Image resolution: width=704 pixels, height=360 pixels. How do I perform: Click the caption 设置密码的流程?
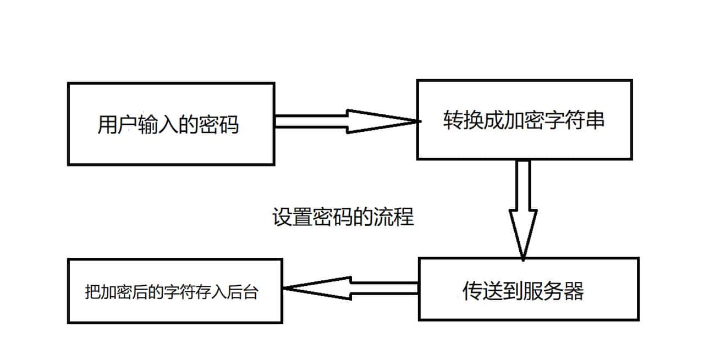[x=343, y=218]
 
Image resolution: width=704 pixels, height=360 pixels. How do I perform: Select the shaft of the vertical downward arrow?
[x=523, y=184]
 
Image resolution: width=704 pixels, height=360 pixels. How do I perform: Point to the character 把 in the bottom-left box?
[x=91, y=292]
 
